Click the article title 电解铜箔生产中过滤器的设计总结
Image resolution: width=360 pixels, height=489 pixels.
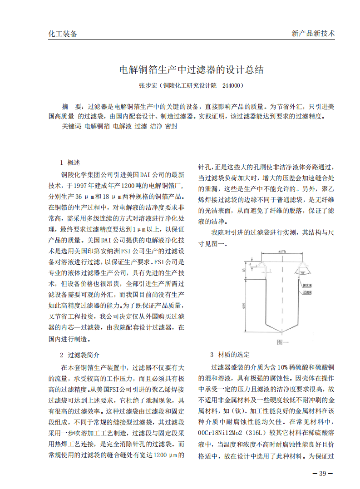[191, 70]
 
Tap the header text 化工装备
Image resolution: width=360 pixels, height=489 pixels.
[63, 34]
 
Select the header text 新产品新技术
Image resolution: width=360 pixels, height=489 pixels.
[313, 34]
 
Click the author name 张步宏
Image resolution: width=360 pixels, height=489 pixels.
[148, 85]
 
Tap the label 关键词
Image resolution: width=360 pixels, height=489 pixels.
[71, 127]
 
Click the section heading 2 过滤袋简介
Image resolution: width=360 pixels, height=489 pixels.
[79, 355]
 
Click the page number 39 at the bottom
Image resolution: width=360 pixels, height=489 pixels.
[323, 474]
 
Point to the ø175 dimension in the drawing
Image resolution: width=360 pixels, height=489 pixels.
[282, 251]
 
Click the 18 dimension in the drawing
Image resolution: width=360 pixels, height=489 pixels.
[244, 269]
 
